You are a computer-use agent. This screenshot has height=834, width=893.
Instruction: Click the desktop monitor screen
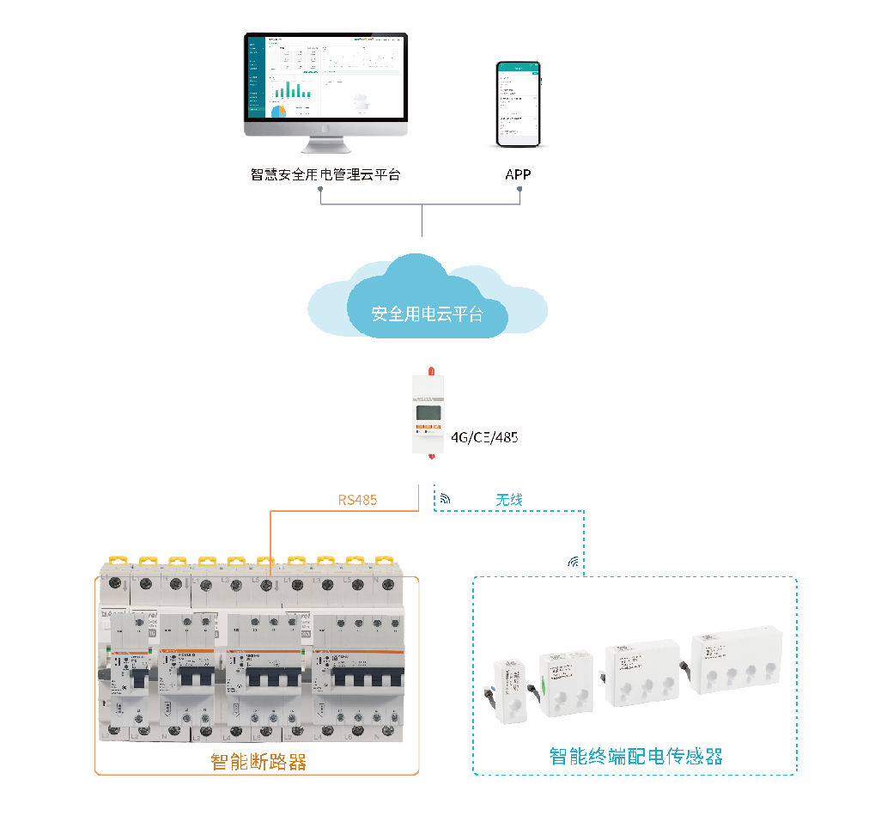click(325, 77)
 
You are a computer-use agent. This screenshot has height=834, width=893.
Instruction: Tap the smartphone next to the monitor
click(519, 103)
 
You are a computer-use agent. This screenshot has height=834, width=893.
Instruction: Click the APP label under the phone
click(518, 174)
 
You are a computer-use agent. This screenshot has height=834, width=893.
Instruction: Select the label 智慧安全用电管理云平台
click(325, 174)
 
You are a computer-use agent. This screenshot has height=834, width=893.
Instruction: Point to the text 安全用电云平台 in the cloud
click(427, 314)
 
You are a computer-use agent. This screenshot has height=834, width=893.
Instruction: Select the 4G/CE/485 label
click(484, 437)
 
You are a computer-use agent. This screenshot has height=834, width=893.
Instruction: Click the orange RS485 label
click(357, 499)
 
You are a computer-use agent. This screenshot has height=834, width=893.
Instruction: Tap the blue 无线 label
click(509, 499)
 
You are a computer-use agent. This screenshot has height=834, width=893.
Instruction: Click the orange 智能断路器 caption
click(258, 761)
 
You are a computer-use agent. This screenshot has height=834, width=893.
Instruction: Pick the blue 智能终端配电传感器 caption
click(635, 756)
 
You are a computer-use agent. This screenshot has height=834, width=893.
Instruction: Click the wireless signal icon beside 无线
click(445, 498)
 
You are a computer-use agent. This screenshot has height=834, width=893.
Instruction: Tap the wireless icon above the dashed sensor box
click(573, 563)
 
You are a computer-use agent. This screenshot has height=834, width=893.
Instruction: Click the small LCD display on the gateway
click(428, 411)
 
